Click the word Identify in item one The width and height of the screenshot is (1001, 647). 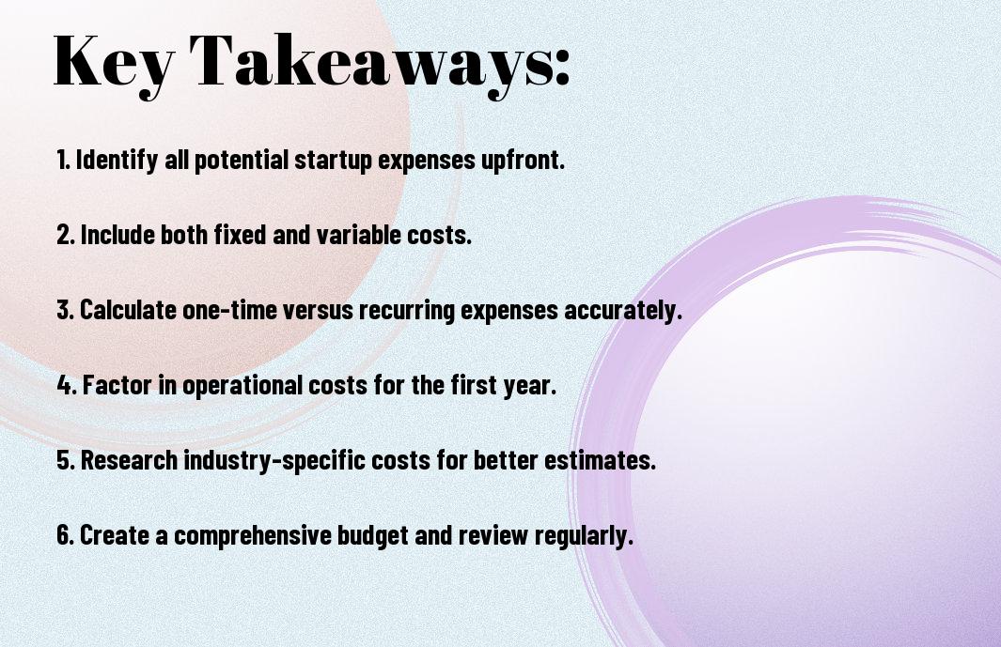click(x=117, y=161)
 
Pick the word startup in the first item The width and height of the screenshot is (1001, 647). click(x=334, y=161)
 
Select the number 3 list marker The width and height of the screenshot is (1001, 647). click(x=65, y=310)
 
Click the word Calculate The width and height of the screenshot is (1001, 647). click(x=128, y=310)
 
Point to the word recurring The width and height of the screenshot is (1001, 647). click(x=407, y=311)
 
